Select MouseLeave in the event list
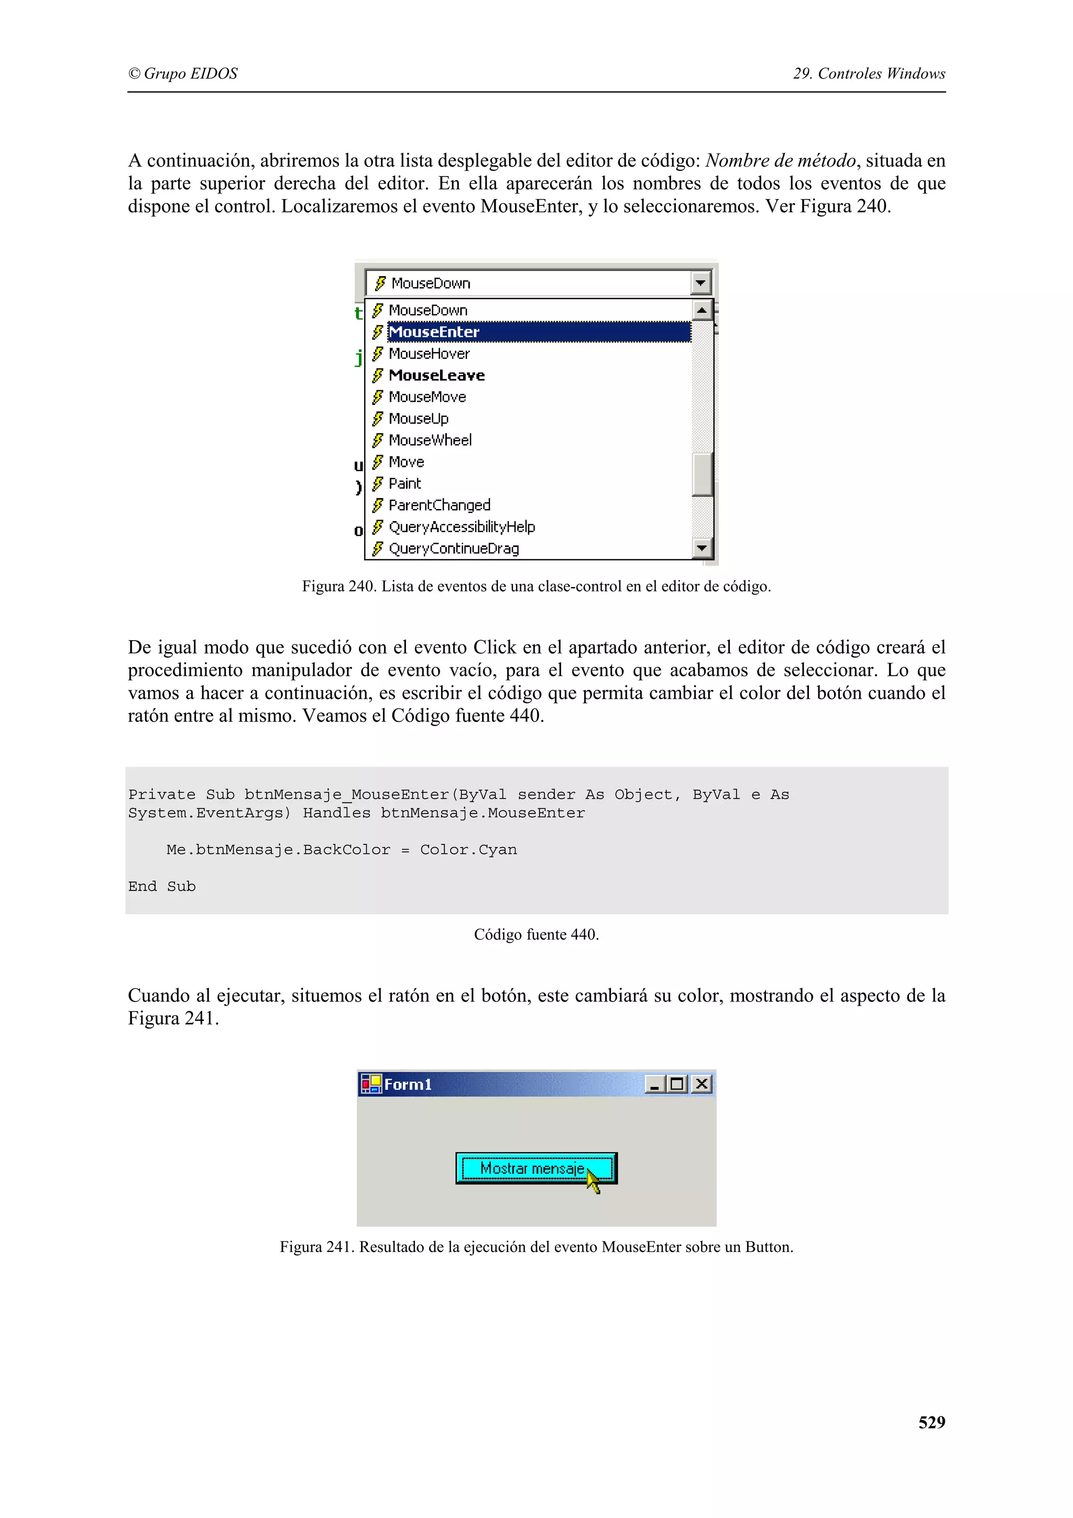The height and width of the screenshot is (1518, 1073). (x=437, y=376)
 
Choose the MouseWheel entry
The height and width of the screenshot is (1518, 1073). (x=430, y=441)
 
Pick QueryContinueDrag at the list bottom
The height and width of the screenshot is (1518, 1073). (x=454, y=549)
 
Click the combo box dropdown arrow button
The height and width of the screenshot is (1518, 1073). (x=700, y=283)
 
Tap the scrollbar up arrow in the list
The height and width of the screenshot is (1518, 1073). (x=702, y=310)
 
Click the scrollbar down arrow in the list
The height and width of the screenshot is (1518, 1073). (x=702, y=548)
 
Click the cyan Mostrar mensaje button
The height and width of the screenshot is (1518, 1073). (x=535, y=1168)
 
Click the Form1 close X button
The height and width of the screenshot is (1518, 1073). (x=702, y=1084)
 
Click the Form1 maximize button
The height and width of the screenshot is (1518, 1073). (x=677, y=1084)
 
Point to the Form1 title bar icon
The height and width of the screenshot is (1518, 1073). (x=371, y=1084)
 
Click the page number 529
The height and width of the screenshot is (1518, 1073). (x=931, y=1422)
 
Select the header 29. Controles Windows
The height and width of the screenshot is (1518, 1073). (x=869, y=74)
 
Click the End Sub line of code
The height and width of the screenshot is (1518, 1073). (x=162, y=887)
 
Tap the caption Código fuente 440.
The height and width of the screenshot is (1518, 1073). (x=536, y=935)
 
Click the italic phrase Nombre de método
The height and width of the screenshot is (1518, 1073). (x=781, y=161)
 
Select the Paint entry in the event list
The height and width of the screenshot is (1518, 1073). (x=404, y=483)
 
